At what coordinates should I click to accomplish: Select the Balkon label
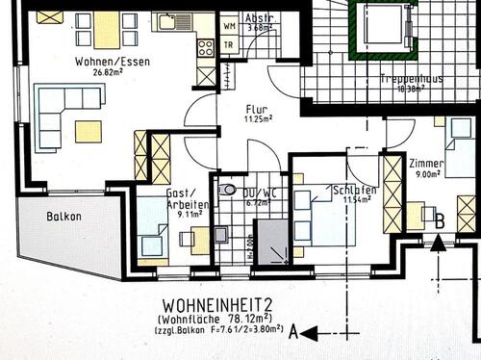tap(63, 218)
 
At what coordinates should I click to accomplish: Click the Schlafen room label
tap(353, 190)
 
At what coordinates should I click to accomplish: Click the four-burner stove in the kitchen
tap(206, 46)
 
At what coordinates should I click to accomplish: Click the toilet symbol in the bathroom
tap(227, 190)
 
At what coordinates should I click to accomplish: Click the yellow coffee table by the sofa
tap(89, 131)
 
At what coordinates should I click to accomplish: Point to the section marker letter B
tap(439, 220)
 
